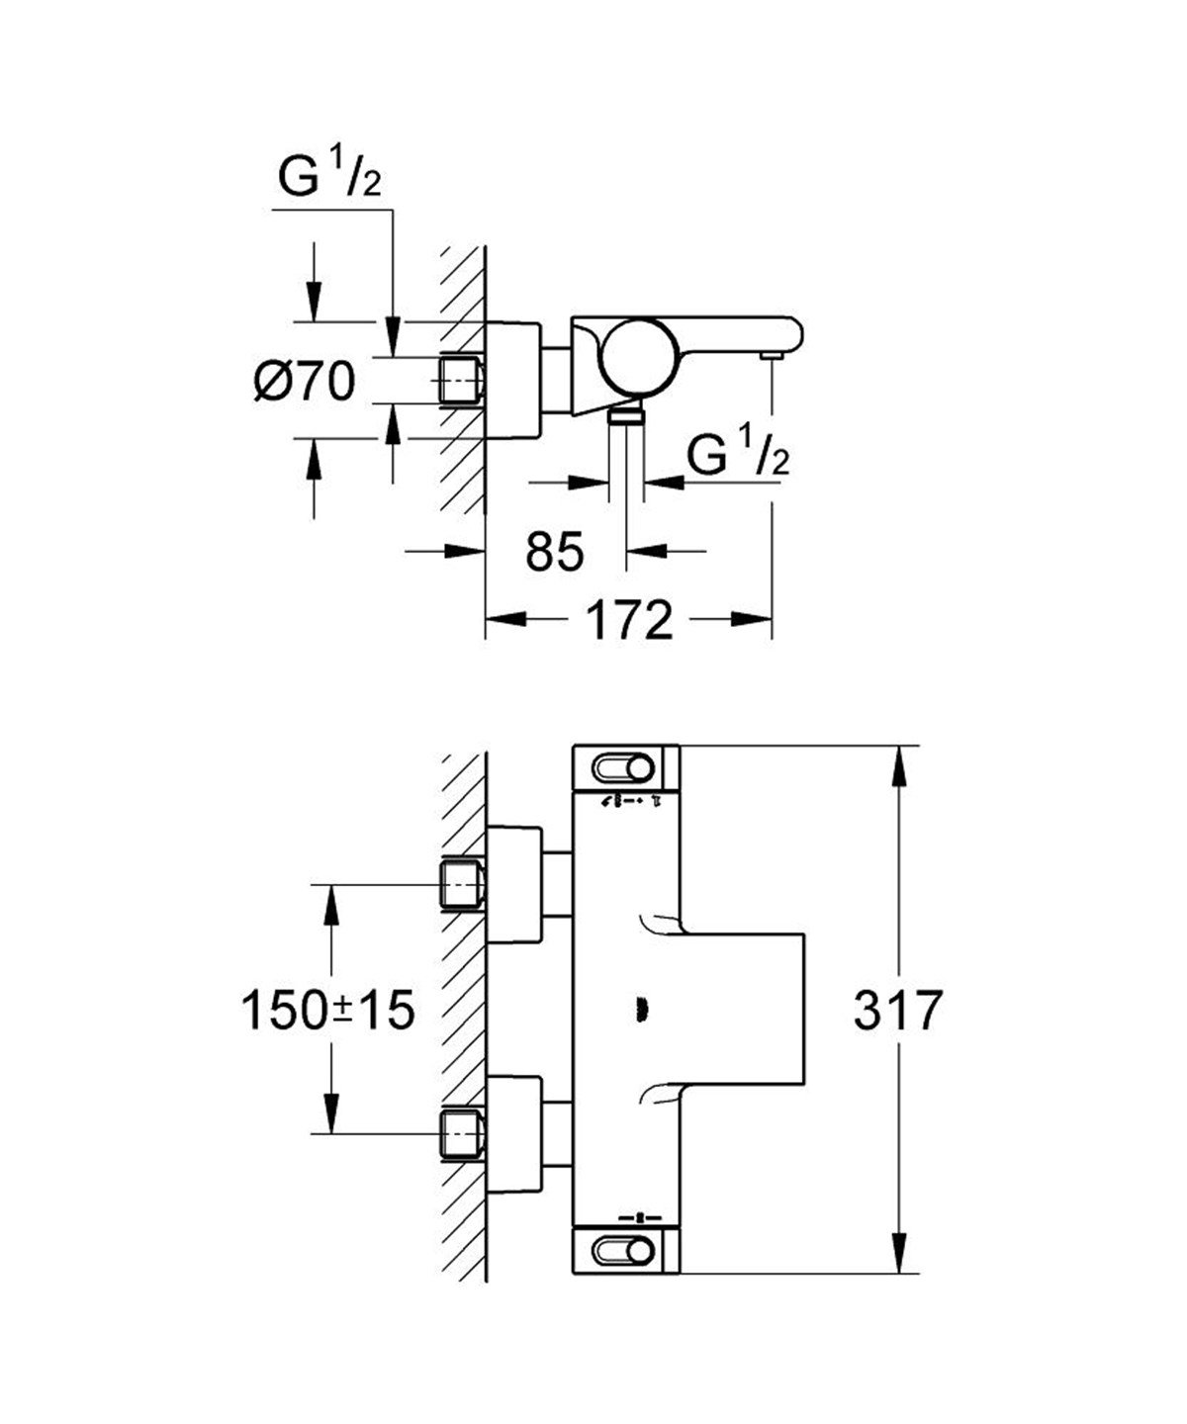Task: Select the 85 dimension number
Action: pyautogui.click(x=554, y=551)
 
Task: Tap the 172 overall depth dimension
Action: pyautogui.click(x=629, y=620)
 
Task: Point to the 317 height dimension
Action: pyautogui.click(x=895, y=1012)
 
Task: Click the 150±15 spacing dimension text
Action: pyautogui.click(x=327, y=1011)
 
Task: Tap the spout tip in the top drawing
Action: pyautogui.click(x=771, y=353)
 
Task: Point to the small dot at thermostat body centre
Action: pyautogui.click(x=639, y=1010)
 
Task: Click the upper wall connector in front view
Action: pyautogui.click(x=461, y=881)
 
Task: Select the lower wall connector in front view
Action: pyautogui.click(x=461, y=1131)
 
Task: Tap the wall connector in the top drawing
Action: pyautogui.click(x=461, y=381)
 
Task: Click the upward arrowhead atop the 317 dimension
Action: pyautogui.click(x=899, y=762)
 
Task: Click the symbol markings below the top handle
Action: pyautogui.click(x=630, y=802)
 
